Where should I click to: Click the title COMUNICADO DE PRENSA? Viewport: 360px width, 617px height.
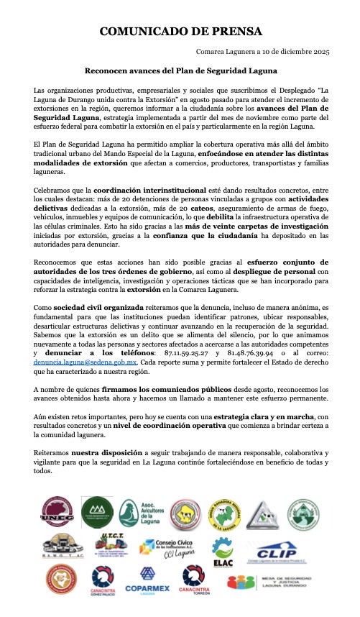pos(180,32)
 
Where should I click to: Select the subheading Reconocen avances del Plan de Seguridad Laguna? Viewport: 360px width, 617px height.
pos(180,71)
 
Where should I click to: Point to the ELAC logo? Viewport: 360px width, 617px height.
pos(223,553)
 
